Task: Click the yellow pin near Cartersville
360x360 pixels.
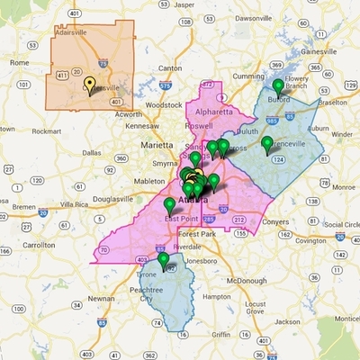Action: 90,85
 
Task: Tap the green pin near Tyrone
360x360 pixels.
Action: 164,260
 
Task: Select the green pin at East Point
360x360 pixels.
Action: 170,205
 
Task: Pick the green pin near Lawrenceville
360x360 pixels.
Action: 266,142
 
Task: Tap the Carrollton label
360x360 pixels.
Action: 37,244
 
